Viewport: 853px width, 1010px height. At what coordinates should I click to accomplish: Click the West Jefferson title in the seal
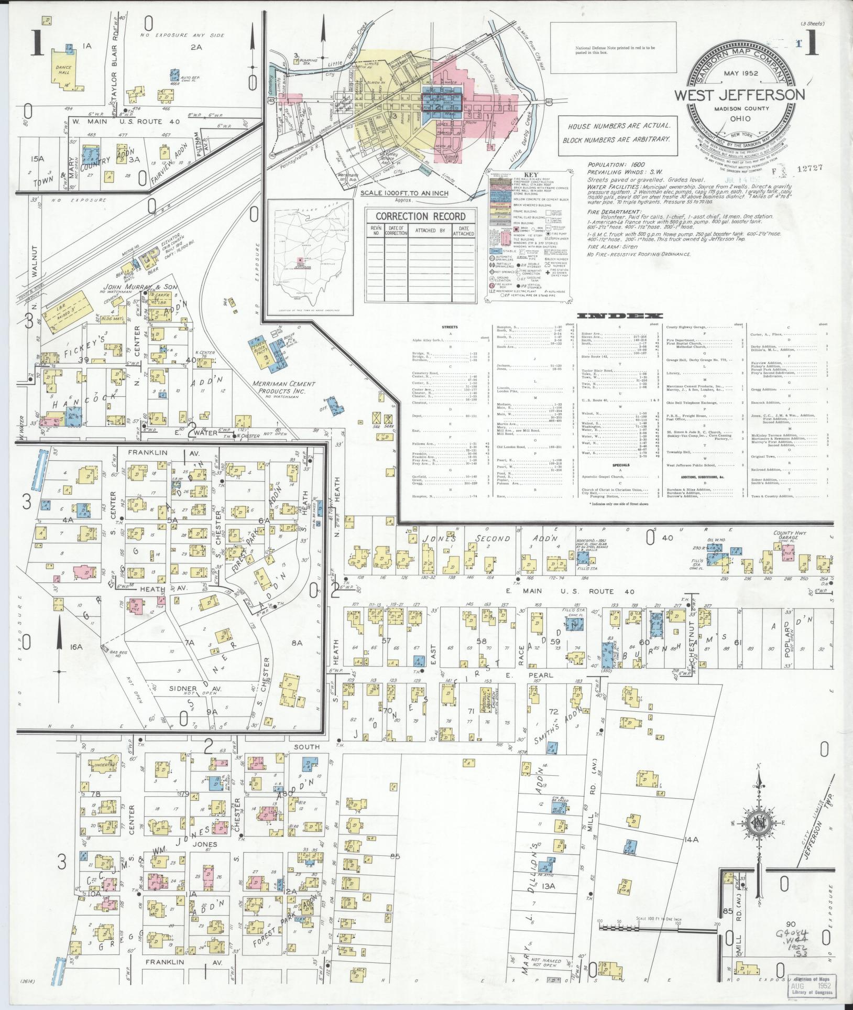[739, 95]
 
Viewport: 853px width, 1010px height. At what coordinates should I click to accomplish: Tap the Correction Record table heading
[420, 216]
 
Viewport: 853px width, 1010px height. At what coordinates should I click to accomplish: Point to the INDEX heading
[619, 316]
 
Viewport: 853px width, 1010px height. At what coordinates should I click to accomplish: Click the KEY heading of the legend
[531, 175]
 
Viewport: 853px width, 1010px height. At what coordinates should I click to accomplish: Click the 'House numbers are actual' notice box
[616, 133]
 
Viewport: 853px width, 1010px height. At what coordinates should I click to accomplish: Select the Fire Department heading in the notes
[614, 212]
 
